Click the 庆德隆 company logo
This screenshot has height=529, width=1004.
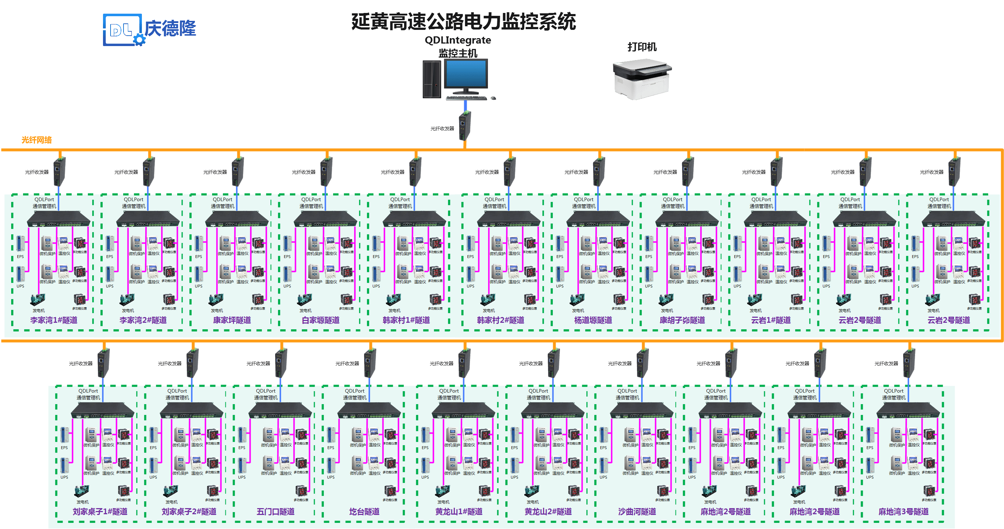(x=149, y=30)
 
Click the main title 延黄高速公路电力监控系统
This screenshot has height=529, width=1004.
(x=463, y=22)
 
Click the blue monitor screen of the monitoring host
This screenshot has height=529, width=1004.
(x=466, y=74)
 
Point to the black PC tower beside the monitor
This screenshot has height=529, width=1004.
(x=432, y=79)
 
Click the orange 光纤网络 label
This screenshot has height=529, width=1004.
(x=37, y=140)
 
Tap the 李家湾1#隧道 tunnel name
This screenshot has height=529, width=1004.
(x=54, y=320)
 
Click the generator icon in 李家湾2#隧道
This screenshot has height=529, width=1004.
(x=127, y=299)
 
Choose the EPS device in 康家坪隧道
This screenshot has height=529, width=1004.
(x=199, y=244)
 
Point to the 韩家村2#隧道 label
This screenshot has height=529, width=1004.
(x=501, y=320)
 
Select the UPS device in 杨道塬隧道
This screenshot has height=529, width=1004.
(x=560, y=273)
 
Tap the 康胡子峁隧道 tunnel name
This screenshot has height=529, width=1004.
(x=682, y=320)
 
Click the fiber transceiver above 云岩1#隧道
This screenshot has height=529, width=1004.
(x=777, y=171)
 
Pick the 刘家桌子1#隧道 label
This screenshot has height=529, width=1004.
(x=100, y=511)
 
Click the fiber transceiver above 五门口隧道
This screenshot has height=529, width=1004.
(x=281, y=363)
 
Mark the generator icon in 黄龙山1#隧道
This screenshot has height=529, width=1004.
(x=443, y=491)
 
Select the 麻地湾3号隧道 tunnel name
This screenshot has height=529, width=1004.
(x=904, y=511)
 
